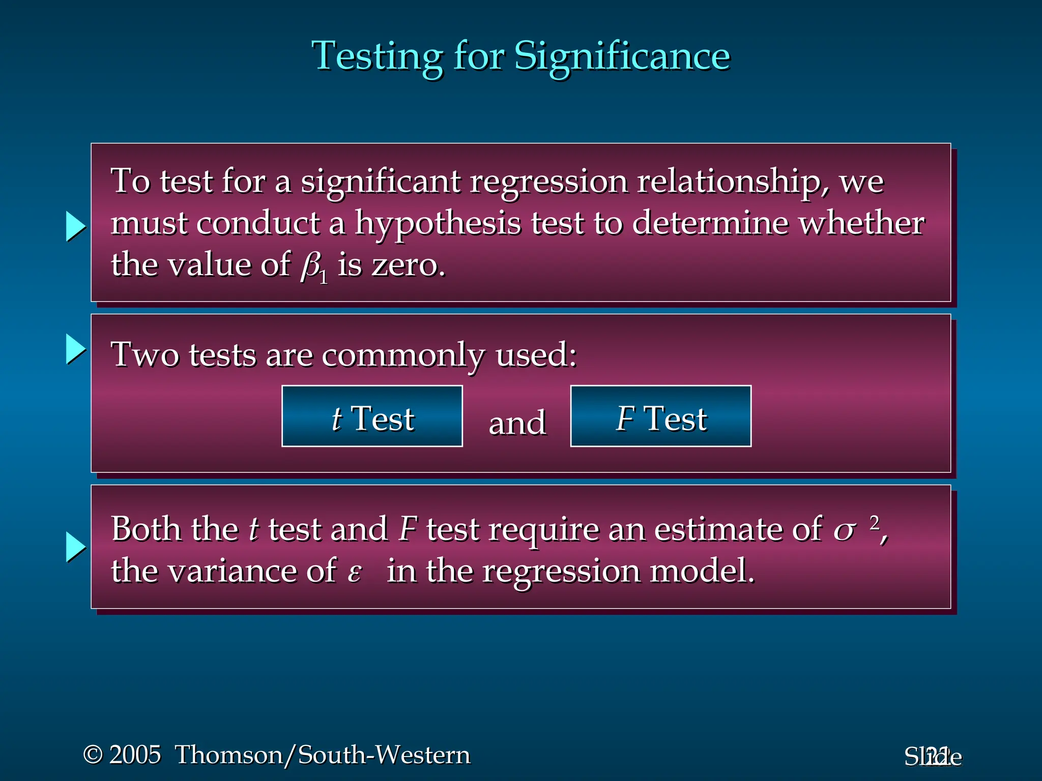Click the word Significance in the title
[622, 56]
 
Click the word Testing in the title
[377, 56]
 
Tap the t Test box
[372, 416]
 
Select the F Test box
[660, 416]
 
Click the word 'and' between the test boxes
[517, 423]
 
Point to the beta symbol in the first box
[310, 265]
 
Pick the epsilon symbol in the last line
[354, 573]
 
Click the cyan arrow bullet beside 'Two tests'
[76, 349]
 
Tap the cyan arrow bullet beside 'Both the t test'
[76, 548]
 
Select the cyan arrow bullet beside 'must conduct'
[76, 226]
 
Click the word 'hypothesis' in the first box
[438, 223]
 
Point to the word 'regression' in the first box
[548, 182]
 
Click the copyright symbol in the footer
[93, 755]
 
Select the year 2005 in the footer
[135, 755]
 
